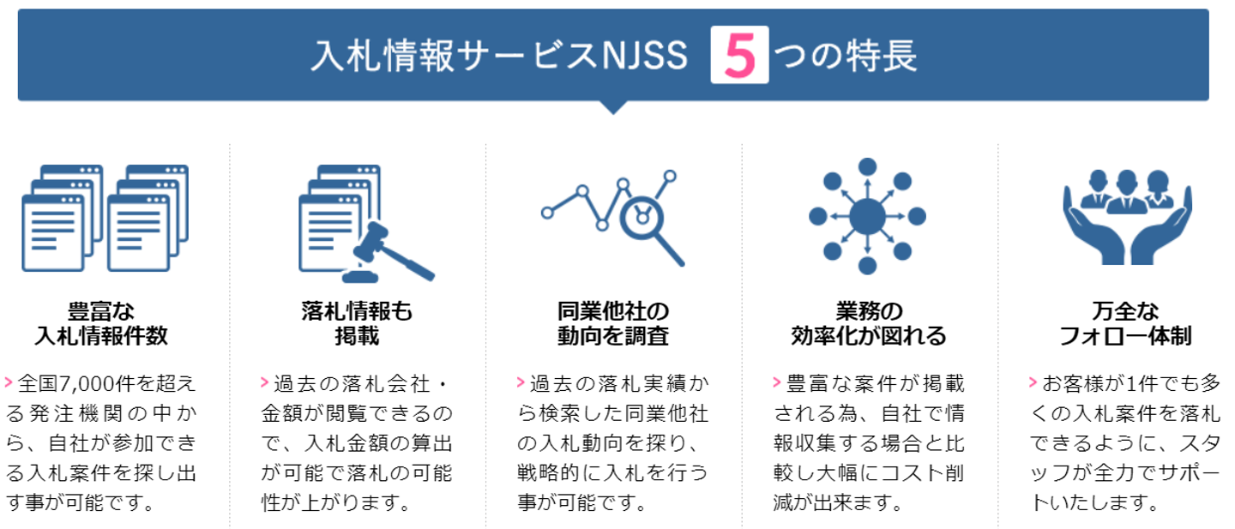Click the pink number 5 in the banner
pyautogui.click(x=739, y=57)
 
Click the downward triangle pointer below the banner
pyautogui.click(x=612, y=107)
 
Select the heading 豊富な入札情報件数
pyautogui.click(x=101, y=323)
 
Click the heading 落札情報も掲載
pyautogui.click(x=357, y=323)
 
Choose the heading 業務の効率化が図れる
pyautogui.click(x=868, y=323)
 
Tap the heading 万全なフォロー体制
pyautogui.click(x=1124, y=323)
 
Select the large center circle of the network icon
pyautogui.click(x=867, y=215)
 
